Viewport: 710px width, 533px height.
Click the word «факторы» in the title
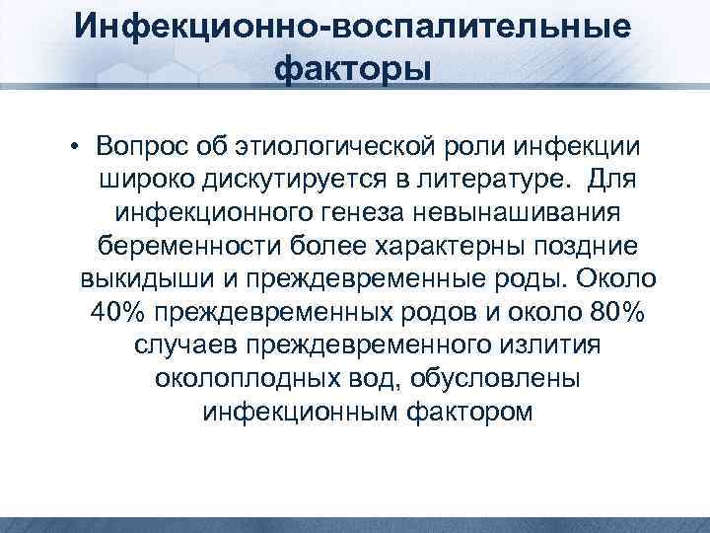(354, 72)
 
